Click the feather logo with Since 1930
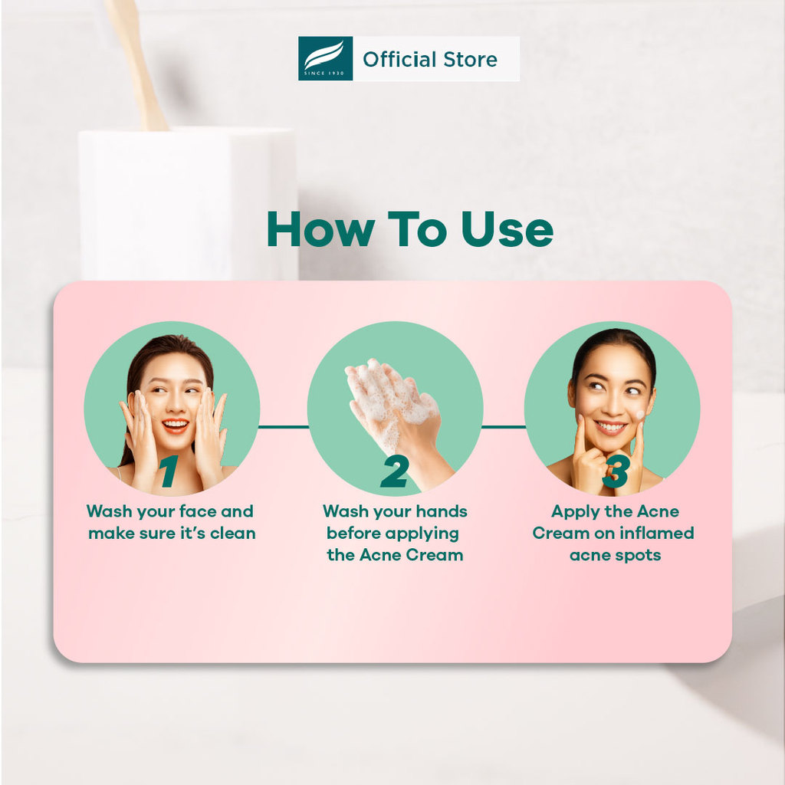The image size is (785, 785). (325, 58)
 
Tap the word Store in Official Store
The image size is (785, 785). (470, 60)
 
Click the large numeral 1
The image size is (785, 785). (169, 471)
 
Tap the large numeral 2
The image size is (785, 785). (394, 471)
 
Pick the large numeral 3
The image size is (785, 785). (616, 471)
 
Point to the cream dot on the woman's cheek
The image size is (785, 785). (640, 415)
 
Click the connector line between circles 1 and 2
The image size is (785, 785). (284, 426)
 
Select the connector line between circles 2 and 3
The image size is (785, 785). (504, 426)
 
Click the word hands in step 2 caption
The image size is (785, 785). (442, 511)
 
